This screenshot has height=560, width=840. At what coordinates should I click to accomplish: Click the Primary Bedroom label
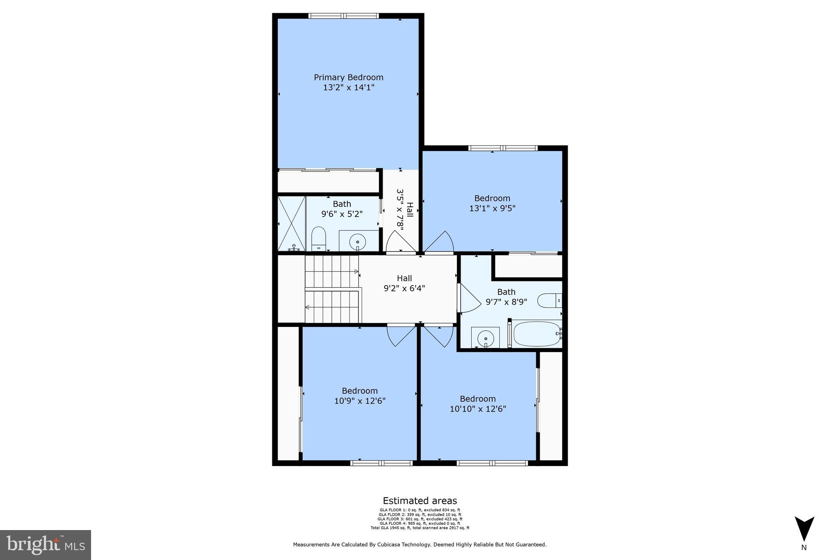pyautogui.click(x=348, y=78)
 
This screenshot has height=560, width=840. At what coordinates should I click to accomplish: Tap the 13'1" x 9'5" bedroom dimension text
pyautogui.click(x=492, y=208)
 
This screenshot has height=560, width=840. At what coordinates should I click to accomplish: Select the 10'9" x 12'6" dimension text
pyautogui.click(x=360, y=401)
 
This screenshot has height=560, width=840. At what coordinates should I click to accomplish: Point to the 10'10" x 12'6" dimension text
pyautogui.click(x=478, y=409)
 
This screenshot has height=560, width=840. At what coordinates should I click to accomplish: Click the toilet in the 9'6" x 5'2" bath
pyautogui.click(x=318, y=238)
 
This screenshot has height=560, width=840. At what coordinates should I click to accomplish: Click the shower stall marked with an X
pyautogui.click(x=292, y=224)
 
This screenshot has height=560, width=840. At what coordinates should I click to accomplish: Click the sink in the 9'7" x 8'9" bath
pyautogui.click(x=485, y=338)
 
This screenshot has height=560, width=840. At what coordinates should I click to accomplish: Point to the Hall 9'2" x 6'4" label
pyautogui.click(x=404, y=283)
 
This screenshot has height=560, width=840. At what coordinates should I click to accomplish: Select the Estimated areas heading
pyautogui.click(x=420, y=501)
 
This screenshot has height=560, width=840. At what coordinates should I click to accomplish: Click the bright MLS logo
pyautogui.click(x=46, y=545)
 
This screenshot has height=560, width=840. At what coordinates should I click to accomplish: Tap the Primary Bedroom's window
pyautogui.click(x=344, y=16)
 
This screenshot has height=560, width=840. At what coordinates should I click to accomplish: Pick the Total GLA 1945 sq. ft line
pyautogui.click(x=420, y=528)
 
